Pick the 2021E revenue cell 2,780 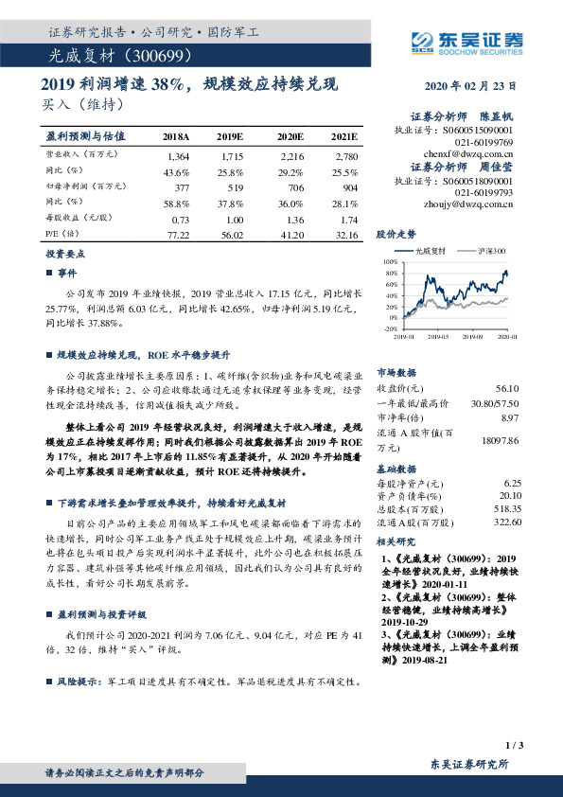click(x=344, y=155)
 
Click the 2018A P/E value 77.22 click(x=178, y=232)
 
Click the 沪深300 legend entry click(x=493, y=251)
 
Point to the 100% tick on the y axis click(x=392, y=261)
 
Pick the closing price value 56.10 click(x=507, y=388)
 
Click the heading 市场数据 click(x=395, y=372)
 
